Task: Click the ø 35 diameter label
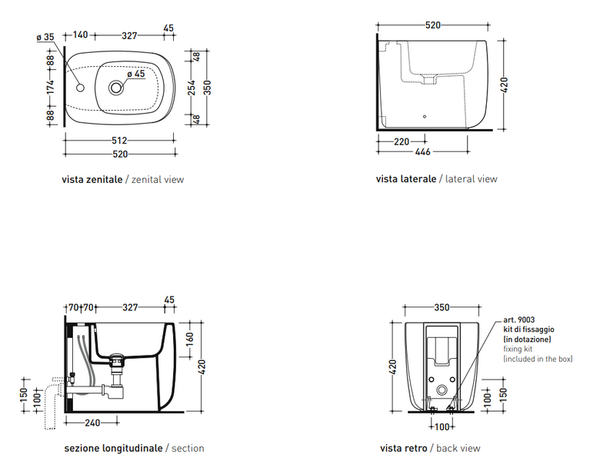tap(45, 37)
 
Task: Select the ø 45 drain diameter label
tap(136, 74)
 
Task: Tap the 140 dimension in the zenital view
tap(80, 35)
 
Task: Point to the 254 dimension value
tap(192, 88)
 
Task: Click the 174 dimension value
tap(51, 87)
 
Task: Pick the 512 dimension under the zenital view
tap(119, 141)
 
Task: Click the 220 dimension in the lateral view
tap(402, 142)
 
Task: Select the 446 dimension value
tap(423, 152)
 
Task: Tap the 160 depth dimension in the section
tap(190, 338)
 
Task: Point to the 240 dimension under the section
tap(92, 423)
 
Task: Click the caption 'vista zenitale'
tap(92, 179)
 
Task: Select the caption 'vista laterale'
tap(406, 179)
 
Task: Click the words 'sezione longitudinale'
tap(113, 449)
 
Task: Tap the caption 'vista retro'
tap(404, 448)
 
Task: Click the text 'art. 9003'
tap(519, 320)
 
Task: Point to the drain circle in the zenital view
tap(116, 88)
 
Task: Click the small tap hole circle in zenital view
tap(80, 88)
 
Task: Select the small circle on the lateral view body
tap(425, 117)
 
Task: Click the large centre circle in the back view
tap(442, 390)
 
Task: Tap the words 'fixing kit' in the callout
tap(518, 349)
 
